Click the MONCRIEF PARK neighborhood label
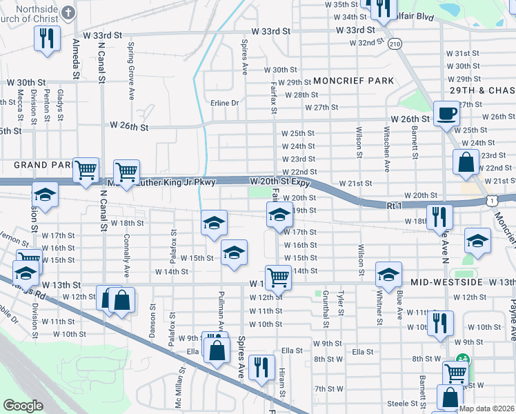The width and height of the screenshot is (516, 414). point(353,81)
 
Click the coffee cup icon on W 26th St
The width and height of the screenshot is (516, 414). point(446,113)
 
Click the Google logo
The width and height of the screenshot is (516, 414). point(23,406)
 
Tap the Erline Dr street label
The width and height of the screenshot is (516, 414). point(224,103)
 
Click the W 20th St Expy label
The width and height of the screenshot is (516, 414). point(279,181)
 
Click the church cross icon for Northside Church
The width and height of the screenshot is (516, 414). point(68,12)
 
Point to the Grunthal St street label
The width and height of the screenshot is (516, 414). point(326,304)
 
